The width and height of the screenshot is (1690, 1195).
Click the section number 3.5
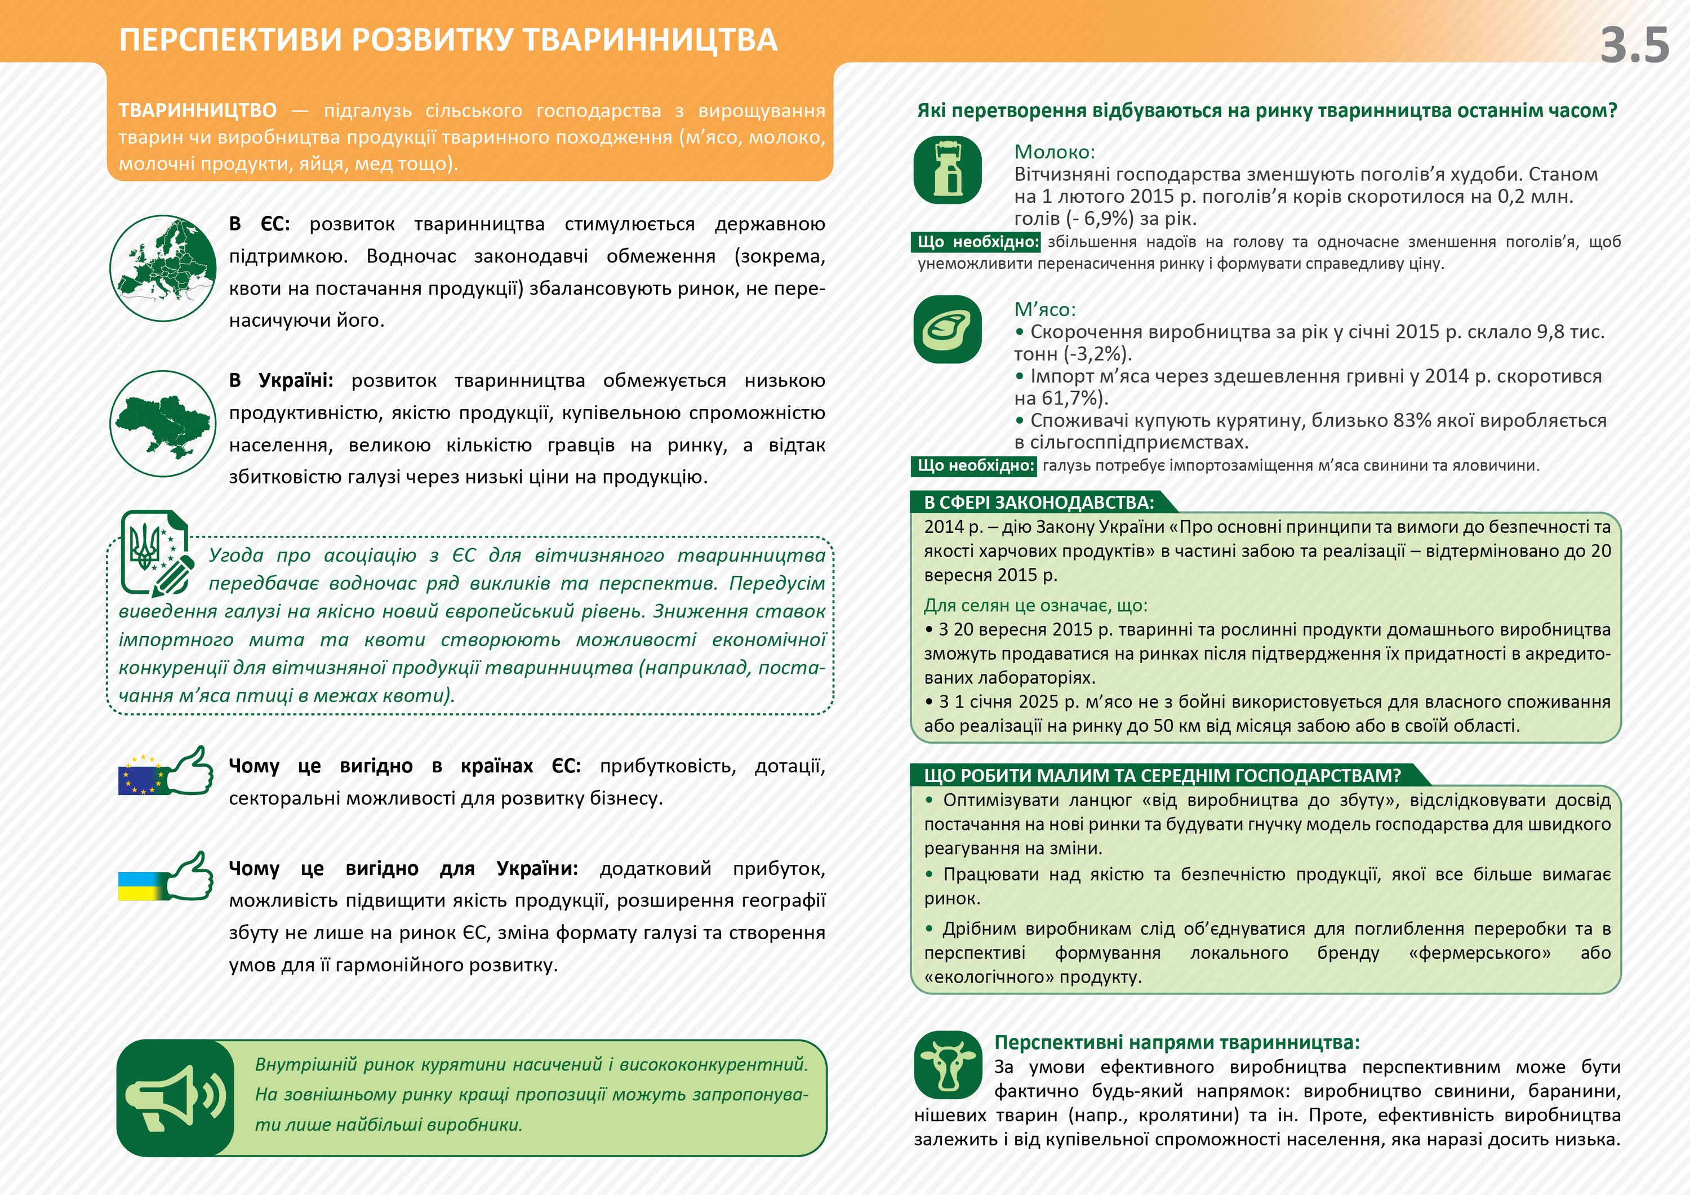[1634, 46]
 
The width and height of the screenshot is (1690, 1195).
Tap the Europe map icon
[163, 268]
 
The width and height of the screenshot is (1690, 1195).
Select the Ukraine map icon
[163, 423]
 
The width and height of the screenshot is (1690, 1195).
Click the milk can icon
[948, 170]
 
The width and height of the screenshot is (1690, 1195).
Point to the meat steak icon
[948, 329]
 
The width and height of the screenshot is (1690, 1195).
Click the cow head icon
[948, 1065]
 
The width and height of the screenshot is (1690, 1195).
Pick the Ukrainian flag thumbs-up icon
[166, 878]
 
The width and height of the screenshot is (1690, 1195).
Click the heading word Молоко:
[1054, 153]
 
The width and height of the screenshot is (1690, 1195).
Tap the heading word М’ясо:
[1044, 310]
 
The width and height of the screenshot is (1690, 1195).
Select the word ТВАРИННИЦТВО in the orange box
[197, 111]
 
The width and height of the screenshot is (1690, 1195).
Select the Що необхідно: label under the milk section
[977, 242]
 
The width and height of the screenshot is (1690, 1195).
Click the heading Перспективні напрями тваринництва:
[1176, 1042]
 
